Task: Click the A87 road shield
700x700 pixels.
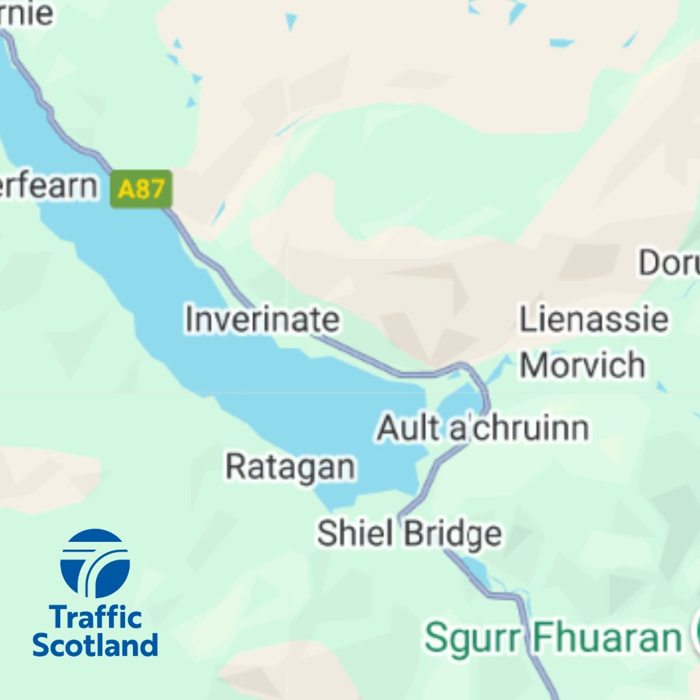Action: pos(141,189)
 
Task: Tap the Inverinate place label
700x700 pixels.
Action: pos(262,320)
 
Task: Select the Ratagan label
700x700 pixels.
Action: pos(290,466)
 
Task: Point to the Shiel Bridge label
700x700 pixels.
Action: pos(409,533)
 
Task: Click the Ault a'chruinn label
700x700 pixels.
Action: pos(483,428)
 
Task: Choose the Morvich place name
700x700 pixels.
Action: pos(582,365)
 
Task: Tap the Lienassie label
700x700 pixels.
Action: pos(594,320)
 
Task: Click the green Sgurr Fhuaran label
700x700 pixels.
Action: pos(552,638)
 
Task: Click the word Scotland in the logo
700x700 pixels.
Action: pos(95,645)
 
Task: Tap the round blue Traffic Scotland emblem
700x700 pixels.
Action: pos(95,563)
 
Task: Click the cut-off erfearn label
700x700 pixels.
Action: pos(49,187)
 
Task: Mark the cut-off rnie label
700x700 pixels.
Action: pos(27,14)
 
